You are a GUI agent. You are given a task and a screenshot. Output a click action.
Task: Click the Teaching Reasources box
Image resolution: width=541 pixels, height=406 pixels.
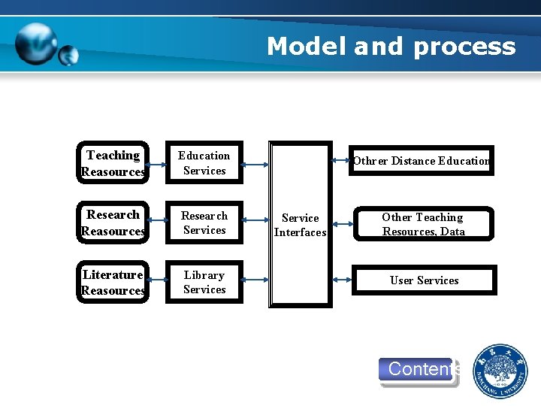pyautogui.click(x=113, y=163)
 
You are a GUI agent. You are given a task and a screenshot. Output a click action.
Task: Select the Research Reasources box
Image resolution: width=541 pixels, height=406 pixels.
pyautogui.click(x=113, y=223)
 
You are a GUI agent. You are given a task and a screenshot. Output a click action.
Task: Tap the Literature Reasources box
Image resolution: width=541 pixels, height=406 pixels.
pyautogui.click(x=113, y=283)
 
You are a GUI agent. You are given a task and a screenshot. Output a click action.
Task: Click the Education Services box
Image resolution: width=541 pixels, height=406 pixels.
pyautogui.click(x=204, y=163)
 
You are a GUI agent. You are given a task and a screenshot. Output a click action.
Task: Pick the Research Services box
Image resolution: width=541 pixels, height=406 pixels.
pyautogui.click(x=204, y=223)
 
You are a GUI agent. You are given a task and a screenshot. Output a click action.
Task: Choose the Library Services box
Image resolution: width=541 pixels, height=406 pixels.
pyautogui.click(x=204, y=282)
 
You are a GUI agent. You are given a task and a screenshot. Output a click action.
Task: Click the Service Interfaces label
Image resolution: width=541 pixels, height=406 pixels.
pyautogui.click(x=300, y=225)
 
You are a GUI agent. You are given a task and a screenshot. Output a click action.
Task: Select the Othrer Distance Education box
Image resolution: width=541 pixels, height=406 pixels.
pyautogui.click(x=421, y=160)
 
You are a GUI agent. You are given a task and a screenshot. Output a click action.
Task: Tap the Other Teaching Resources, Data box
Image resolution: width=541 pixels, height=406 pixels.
pyautogui.click(x=422, y=224)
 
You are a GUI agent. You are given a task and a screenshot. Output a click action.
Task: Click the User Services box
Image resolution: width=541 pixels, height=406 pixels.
pyautogui.click(x=423, y=280)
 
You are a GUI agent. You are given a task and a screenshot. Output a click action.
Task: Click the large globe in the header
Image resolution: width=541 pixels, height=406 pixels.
pyautogui.click(x=37, y=44)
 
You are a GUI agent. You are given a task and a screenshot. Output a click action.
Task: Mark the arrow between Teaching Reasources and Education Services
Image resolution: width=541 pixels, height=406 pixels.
pyautogui.click(x=157, y=164)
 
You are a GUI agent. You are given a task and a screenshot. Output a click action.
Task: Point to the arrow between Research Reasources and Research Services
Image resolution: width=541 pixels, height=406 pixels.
pyautogui.click(x=157, y=223)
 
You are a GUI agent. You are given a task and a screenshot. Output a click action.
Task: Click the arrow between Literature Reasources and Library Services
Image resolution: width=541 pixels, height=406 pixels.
pyautogui.click(x=157, y=282)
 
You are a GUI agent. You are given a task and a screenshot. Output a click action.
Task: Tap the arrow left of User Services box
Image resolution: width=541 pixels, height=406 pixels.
pyautogui.click(x=342, y=280)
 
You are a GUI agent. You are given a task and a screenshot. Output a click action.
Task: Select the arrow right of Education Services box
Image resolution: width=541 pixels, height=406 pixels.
pyautogui.click(x=256, y=164)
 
